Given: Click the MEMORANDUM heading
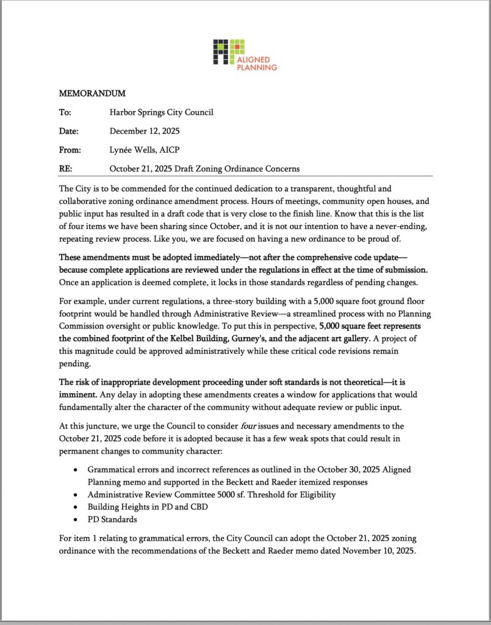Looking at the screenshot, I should (x=91, y=93).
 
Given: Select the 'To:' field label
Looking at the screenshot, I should (x=65, y=112).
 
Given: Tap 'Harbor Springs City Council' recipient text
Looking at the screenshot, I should (x=161, y=112).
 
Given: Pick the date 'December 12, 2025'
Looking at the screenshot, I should (x=145, y=131).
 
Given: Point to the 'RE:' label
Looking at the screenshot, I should (x=65, y=168).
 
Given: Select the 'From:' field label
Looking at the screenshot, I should (x=69, y=150).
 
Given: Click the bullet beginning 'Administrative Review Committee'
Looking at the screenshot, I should (x=211, y=495).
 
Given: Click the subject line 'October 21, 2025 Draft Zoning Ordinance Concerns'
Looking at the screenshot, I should (x=204, y=168).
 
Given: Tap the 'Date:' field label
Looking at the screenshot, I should (x=69, y=131).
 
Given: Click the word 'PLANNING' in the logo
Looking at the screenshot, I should (x=257, y=67).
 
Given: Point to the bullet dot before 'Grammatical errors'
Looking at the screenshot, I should (x=75, y=471).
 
